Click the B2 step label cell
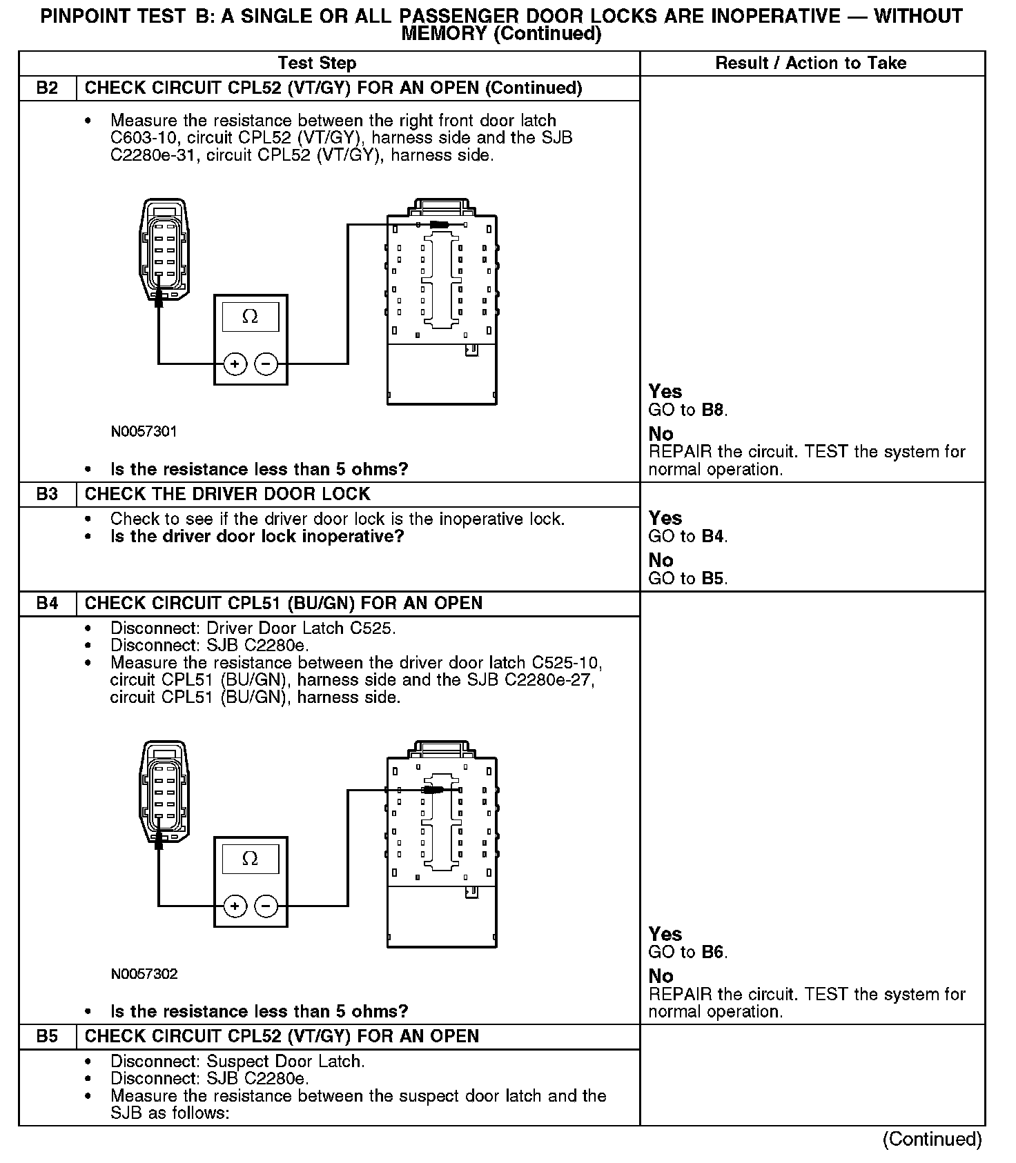coord(47,88)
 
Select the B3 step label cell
coord(47,495)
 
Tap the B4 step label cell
coord(47,604)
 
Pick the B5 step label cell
coord(47,1037)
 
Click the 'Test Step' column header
coord(317,63)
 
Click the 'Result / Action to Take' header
coord(810,63)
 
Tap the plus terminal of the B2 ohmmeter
coord(235,364)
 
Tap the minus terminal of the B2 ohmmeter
coord(266,364)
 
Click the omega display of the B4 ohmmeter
coord(250,859)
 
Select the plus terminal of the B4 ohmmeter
coord(235,906)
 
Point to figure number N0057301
coord(144,432)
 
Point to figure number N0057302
coord(144,974)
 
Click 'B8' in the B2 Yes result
coord(714,410)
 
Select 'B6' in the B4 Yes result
coord(714,953)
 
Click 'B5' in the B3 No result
coord(714,579)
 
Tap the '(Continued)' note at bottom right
coord(931,1140)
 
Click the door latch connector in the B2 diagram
coord(164,250)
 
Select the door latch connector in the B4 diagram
coord(164,792)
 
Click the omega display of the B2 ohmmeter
coord(250,317)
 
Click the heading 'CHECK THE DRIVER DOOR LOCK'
coord(227,495)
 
